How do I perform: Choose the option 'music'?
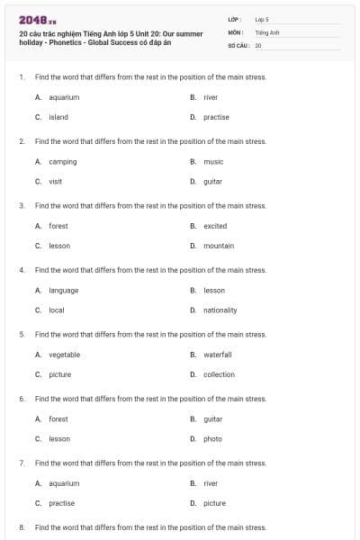(213, 162)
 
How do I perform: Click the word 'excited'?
(215, 226)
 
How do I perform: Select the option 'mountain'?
(219, 246)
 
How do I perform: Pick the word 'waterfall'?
(217, 355)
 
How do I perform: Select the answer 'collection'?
(219, 374)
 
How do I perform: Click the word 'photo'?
(212, 438)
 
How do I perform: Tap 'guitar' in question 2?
(213, 181)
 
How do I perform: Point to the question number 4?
(22, 270)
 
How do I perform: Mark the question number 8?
(22, 526)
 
